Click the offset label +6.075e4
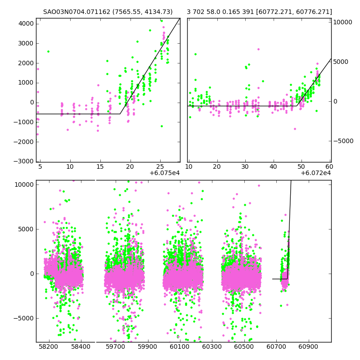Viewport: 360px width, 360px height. [x=164, y=173]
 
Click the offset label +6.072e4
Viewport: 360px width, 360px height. [x=315, y=173]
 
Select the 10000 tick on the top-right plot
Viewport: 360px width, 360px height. [x=343, y=22]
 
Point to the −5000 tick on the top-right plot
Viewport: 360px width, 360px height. [x=343, y=141]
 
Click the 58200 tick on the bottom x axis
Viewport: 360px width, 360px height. [x=49, y=347]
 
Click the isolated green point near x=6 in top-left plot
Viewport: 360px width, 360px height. [x=48, y=51]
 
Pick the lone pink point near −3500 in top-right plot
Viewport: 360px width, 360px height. [x=295, y=129]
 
